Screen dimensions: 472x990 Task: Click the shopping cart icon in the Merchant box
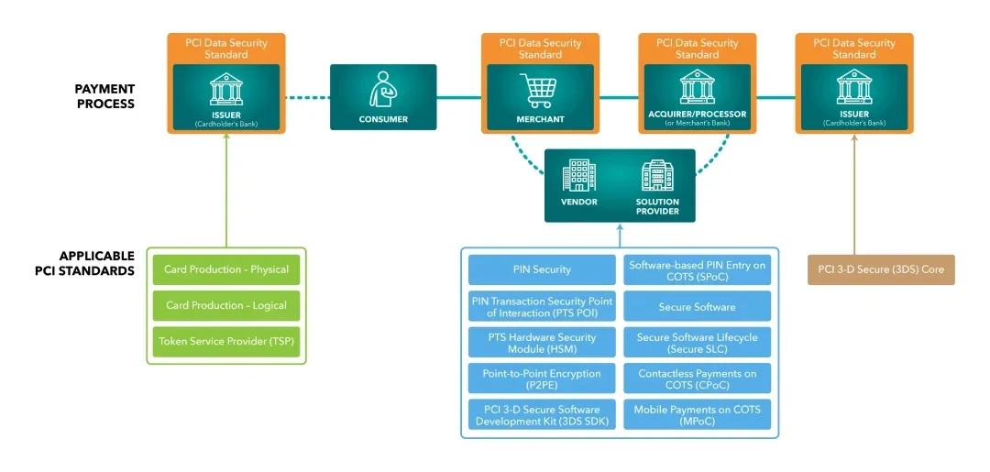[540, 91]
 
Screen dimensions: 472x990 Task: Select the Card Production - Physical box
[226, 269]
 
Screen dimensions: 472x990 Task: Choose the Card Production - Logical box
[226, 305]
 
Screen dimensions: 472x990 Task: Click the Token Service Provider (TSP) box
[226, 342]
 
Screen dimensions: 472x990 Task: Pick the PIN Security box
[542, 269]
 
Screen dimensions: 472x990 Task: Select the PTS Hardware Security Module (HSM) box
[542, 343]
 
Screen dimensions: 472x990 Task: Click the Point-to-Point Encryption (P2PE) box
[542, 379]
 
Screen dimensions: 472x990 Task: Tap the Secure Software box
[697, 306]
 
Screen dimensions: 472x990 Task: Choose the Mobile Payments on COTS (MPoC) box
[697, 415]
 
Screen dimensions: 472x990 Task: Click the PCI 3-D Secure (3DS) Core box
[881, 269]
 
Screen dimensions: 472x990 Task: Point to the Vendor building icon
[578, 175]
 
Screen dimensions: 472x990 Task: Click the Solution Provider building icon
[657, 175]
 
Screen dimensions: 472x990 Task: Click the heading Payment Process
[104, 96]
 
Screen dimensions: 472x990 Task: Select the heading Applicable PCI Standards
[96, 263]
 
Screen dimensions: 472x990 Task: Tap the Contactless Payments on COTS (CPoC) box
[697, 379]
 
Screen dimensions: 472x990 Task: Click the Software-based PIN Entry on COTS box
[697, 269]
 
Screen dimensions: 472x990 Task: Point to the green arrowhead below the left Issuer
[226, 139]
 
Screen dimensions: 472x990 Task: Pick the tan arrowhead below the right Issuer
[854, 139]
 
